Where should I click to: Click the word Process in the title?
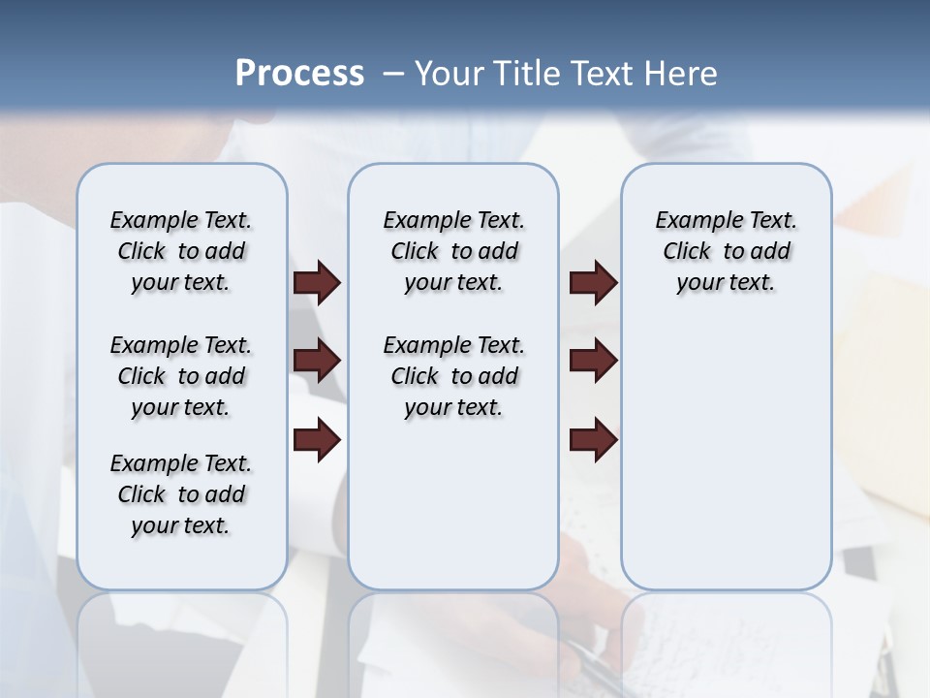[x=299, y=73]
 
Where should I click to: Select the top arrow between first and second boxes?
[x=317, y=283]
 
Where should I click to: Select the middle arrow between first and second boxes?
[x=317, y=361]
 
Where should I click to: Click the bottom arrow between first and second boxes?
[x=317, y=441]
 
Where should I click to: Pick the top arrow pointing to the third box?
[x=593, y=283]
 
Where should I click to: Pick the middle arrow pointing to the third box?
[x=593, y=361]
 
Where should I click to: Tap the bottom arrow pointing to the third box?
[x=593, y=441]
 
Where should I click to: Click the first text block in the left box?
[x=181, y=251]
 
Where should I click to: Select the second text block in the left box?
[x=181, y=376]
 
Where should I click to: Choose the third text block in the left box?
[x=181, y=494]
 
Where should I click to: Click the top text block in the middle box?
[x=453, y=251]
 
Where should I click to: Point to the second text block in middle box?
[x=453, y=376]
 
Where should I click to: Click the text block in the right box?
[x=726, y=251]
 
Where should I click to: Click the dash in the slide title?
[x=393, y=74]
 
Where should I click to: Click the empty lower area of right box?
[x=726, y=465]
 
